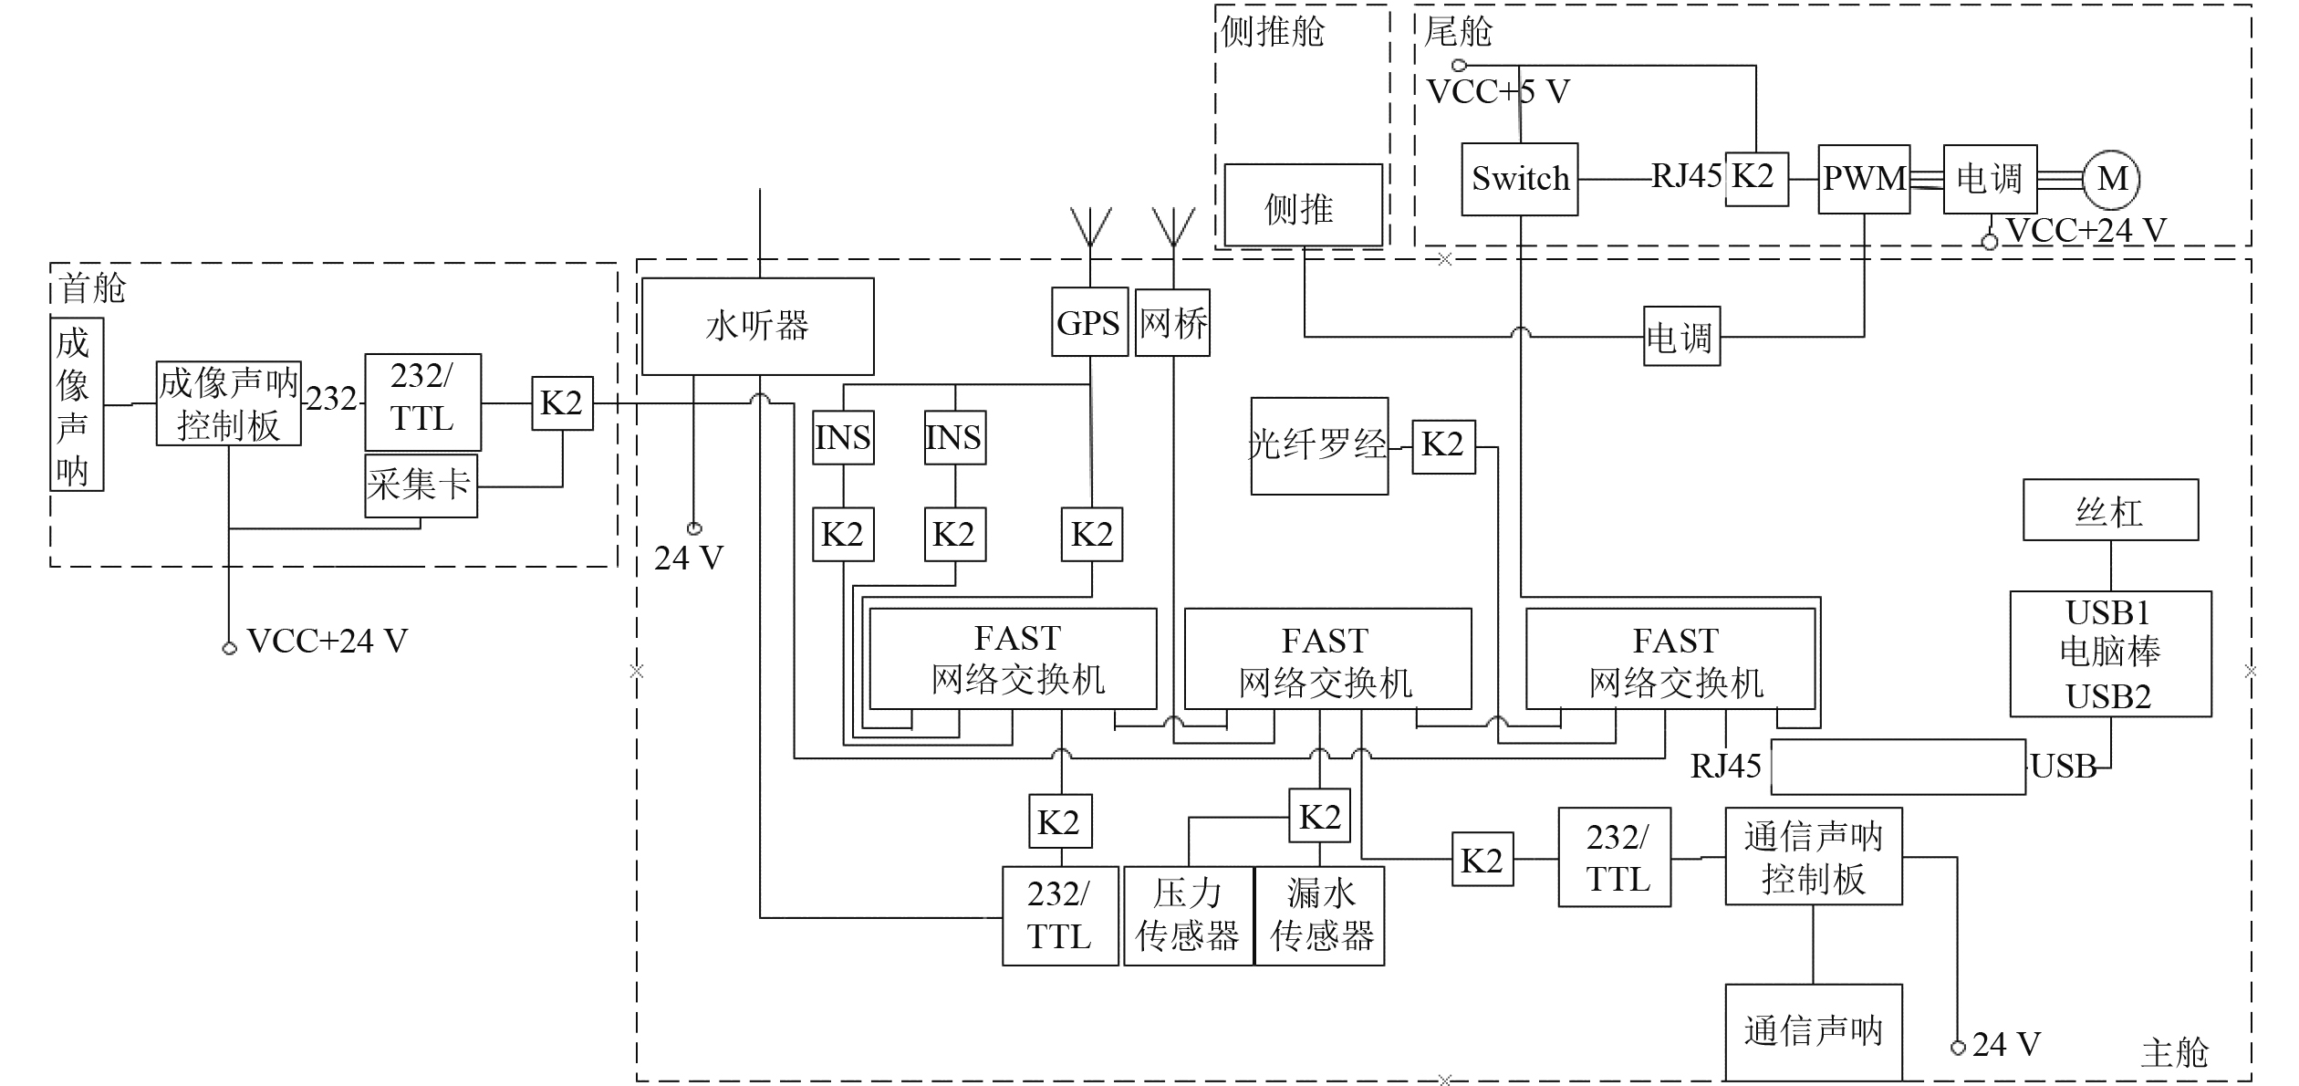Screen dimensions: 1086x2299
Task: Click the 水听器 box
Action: [x=757, y=326]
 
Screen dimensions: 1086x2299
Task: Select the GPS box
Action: [x=1089, y=323]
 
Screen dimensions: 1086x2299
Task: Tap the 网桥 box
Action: [x=1172, y=323]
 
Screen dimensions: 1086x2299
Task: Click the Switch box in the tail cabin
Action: [x=1519, y=179]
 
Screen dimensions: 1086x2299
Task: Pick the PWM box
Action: [x=1863, y=179]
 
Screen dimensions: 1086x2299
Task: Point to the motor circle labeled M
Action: [x=2111, y=179]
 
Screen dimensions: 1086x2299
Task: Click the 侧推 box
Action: [x=1302, y=206]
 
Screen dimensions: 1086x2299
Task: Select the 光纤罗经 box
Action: [x=1318, y=445]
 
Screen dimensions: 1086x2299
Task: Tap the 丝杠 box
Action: [x=2109, y=510]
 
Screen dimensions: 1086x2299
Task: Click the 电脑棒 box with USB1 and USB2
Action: [x=2109, y=653]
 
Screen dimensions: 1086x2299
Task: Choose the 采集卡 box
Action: [x=421, y=486]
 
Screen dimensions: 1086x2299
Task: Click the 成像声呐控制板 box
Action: [x=228, y=403]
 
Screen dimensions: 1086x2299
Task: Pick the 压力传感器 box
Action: [x=1188, y=915]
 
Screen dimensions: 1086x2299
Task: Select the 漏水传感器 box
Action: [x=1320, y=915]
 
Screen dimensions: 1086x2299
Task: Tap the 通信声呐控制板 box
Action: [x=1813, y=857]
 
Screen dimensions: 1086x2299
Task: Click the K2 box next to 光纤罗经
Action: [x=1442, y=446]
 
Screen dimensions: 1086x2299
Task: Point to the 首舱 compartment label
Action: [x=92, y=288]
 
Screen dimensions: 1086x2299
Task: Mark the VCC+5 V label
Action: [x=1497, y=92]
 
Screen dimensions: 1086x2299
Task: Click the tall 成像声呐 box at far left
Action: [x=77, y=404]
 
